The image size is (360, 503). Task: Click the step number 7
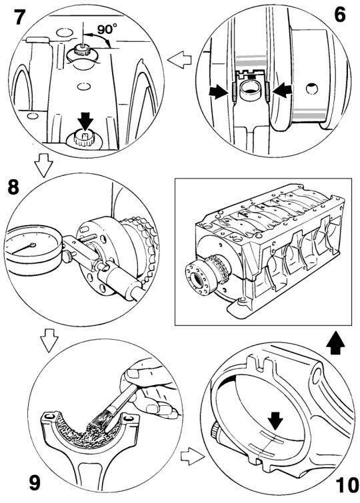(20, 16)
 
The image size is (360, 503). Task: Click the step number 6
(340, 15)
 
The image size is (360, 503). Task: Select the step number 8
(13, 187)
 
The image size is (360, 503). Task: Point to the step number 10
(347, 485)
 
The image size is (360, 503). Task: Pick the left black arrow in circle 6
(218, 92)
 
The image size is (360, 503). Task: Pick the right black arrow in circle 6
(282, 91)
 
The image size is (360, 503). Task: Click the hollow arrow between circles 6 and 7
(179, 60)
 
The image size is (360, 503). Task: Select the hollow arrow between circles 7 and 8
(43, 165)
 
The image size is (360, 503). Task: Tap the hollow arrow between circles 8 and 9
(49, 340)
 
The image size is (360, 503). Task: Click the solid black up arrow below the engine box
(335, 342)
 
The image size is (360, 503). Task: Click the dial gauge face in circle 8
(32, 245)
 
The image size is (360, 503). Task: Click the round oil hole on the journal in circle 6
(311, 89)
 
